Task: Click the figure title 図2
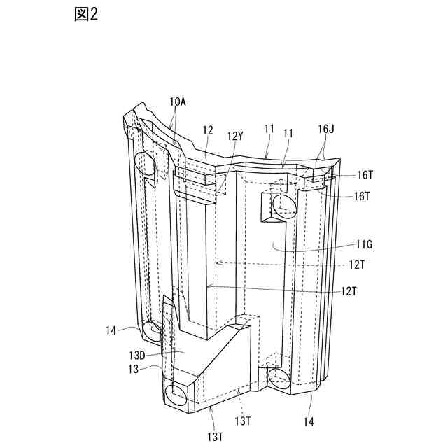85,15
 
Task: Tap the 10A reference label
178,101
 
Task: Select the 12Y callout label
234,136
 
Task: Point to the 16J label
326,129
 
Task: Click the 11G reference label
364,244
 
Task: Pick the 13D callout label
136,356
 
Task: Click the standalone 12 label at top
207,130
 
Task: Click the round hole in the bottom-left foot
178,393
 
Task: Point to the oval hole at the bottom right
279,380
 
